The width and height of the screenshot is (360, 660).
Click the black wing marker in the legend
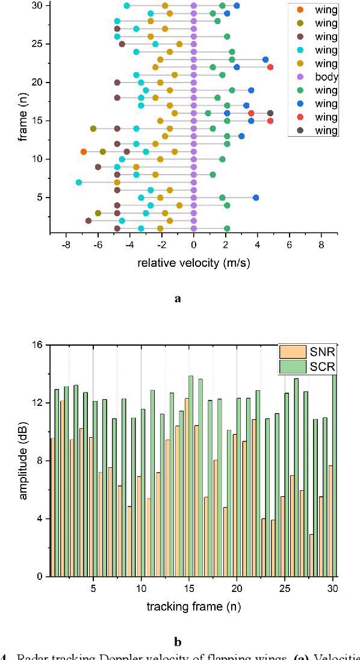click(300, 130)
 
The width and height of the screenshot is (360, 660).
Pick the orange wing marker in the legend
click(300, 10)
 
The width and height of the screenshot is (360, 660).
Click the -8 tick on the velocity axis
click(66, 245)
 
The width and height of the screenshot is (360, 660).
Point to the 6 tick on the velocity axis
click(289, 245)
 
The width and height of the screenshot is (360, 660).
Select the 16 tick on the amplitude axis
click(37, 345)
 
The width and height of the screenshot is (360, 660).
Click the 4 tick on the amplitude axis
click(39, 518)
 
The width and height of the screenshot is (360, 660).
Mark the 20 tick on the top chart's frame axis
click(37, 82)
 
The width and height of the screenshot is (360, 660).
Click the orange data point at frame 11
click(83, 152)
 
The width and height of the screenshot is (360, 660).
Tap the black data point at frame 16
click(270, 113)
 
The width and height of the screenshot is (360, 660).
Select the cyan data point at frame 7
click(79, 182)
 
